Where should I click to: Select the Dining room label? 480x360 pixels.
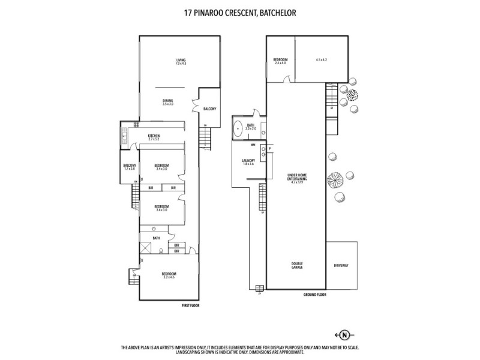pyautogui.click(x=167, y=102)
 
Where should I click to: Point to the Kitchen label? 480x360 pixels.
pyautogui.click(x=154, y=137)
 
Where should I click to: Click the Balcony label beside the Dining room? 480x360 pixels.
pyautogui.click(x=209, y=109)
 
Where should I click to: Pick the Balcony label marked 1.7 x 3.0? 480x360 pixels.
pyautogui.click(x=130, y=167)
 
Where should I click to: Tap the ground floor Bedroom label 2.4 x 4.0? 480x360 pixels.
pyautogui.click(x=280, y=61)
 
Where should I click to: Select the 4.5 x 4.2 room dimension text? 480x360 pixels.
pyautogui.click(x=321, y=60)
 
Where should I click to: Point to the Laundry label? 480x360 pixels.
pyautogui.click(x=248, y=162)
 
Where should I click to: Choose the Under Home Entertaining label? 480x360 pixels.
pyautogui.click(x=298, y=179)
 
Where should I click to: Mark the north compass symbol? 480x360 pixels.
pyautogui.click(x=344, y=334)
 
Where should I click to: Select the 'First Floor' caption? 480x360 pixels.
pyautogui.click(x=190, y=305)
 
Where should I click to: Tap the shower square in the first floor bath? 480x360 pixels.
pyautogui.click(x=146, y=249)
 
